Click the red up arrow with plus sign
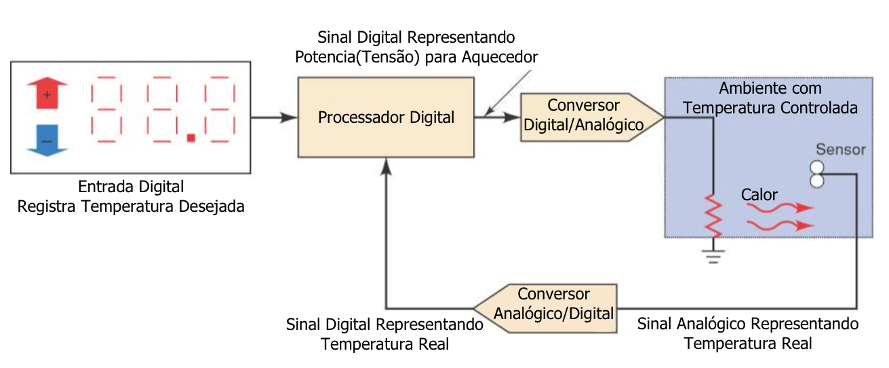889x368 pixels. pos(46,94)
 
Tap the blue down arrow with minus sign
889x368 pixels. pos(46,141)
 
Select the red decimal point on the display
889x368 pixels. pos(191,138)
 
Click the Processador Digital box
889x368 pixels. pos(386,117)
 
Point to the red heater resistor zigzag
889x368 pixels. pos(713,215)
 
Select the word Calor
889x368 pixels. pos(759,195)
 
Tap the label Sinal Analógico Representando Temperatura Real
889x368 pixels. pos(748,333)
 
